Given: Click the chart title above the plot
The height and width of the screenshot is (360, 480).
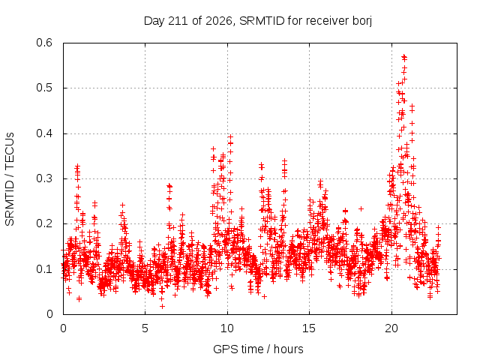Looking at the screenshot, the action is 258,21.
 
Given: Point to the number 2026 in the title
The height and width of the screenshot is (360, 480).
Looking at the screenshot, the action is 218,21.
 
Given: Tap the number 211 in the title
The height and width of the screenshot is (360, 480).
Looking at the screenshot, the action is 180,21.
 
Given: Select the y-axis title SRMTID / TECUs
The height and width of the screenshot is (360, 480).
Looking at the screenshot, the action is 10,179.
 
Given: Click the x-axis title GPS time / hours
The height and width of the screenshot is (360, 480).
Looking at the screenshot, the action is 258,349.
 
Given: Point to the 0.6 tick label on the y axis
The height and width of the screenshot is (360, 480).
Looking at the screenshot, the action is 44,43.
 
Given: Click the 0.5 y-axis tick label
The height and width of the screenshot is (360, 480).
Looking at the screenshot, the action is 44,88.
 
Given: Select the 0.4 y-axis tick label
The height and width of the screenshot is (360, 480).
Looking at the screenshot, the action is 44,133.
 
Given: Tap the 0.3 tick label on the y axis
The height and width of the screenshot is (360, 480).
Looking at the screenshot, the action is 44,178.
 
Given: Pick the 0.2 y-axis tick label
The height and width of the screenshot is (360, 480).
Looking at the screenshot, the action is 44,223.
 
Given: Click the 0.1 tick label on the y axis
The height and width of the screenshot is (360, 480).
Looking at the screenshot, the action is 44,269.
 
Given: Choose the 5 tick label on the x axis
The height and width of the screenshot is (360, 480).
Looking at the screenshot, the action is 145,328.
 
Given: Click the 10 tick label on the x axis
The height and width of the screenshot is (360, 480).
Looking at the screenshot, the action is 227,328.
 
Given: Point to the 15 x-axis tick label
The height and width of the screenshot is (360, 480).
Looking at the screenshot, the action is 309,328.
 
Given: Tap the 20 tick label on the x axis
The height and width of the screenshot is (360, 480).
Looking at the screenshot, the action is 391,328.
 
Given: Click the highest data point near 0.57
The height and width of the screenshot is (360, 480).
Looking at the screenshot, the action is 404,56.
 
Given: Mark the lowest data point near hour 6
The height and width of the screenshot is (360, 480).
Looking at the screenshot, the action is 162,306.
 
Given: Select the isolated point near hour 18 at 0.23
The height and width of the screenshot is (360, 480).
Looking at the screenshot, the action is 361,208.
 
